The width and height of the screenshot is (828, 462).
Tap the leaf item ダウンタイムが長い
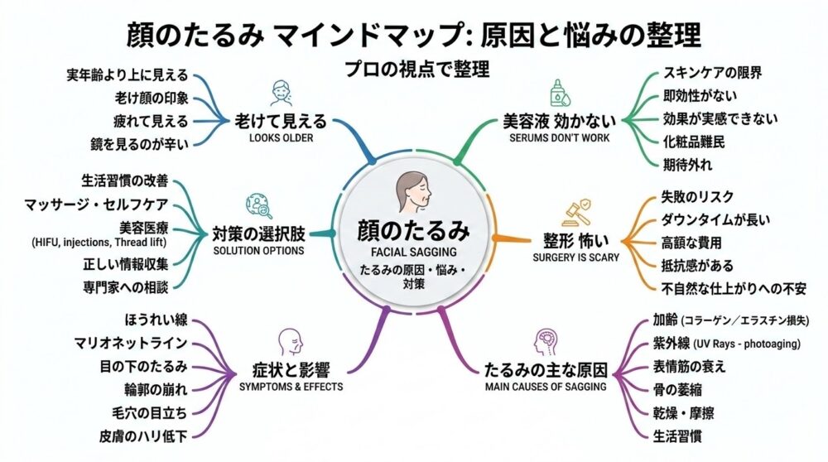click(715, 219)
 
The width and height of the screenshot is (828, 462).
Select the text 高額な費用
click(691, 243)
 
